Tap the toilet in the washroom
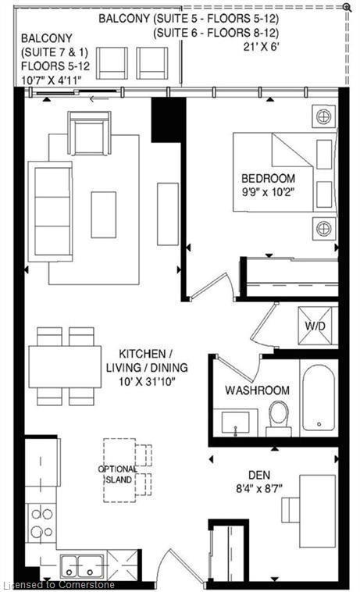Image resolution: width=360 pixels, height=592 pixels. coord(279,417)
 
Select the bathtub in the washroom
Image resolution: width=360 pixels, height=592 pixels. coord(319,398)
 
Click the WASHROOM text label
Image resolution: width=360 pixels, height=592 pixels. coord(257,390)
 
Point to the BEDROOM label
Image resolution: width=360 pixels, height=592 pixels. coord(268,177)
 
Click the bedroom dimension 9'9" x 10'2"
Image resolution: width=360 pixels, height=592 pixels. coord(268,191)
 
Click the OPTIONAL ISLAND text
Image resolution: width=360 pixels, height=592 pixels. coord(118,474)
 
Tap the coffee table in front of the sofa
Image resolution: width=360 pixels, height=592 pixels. coord(103,214)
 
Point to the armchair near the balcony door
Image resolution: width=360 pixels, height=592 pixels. coord(89,133)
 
